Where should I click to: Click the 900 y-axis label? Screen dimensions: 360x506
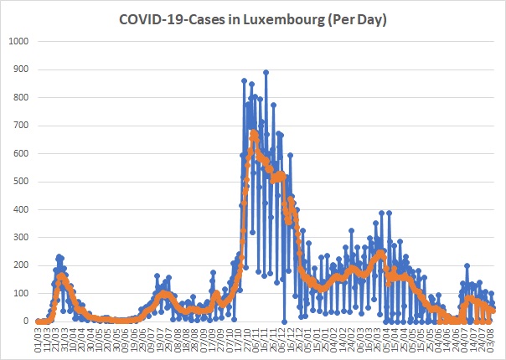point(21,69)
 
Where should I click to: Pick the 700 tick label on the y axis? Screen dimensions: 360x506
point(21,126)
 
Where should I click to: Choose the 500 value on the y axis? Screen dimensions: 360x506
point(21,182)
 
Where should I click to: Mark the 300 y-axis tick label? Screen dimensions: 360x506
point(21,238)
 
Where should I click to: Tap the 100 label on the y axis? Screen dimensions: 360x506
point(21,294)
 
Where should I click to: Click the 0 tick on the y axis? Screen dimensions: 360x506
point(26,321)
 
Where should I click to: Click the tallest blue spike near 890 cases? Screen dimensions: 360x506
point(266,72)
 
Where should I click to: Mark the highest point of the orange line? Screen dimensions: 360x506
point(253,132)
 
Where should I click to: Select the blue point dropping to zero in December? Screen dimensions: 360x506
point(285,321)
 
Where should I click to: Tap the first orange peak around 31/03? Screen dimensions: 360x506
point(61,275)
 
